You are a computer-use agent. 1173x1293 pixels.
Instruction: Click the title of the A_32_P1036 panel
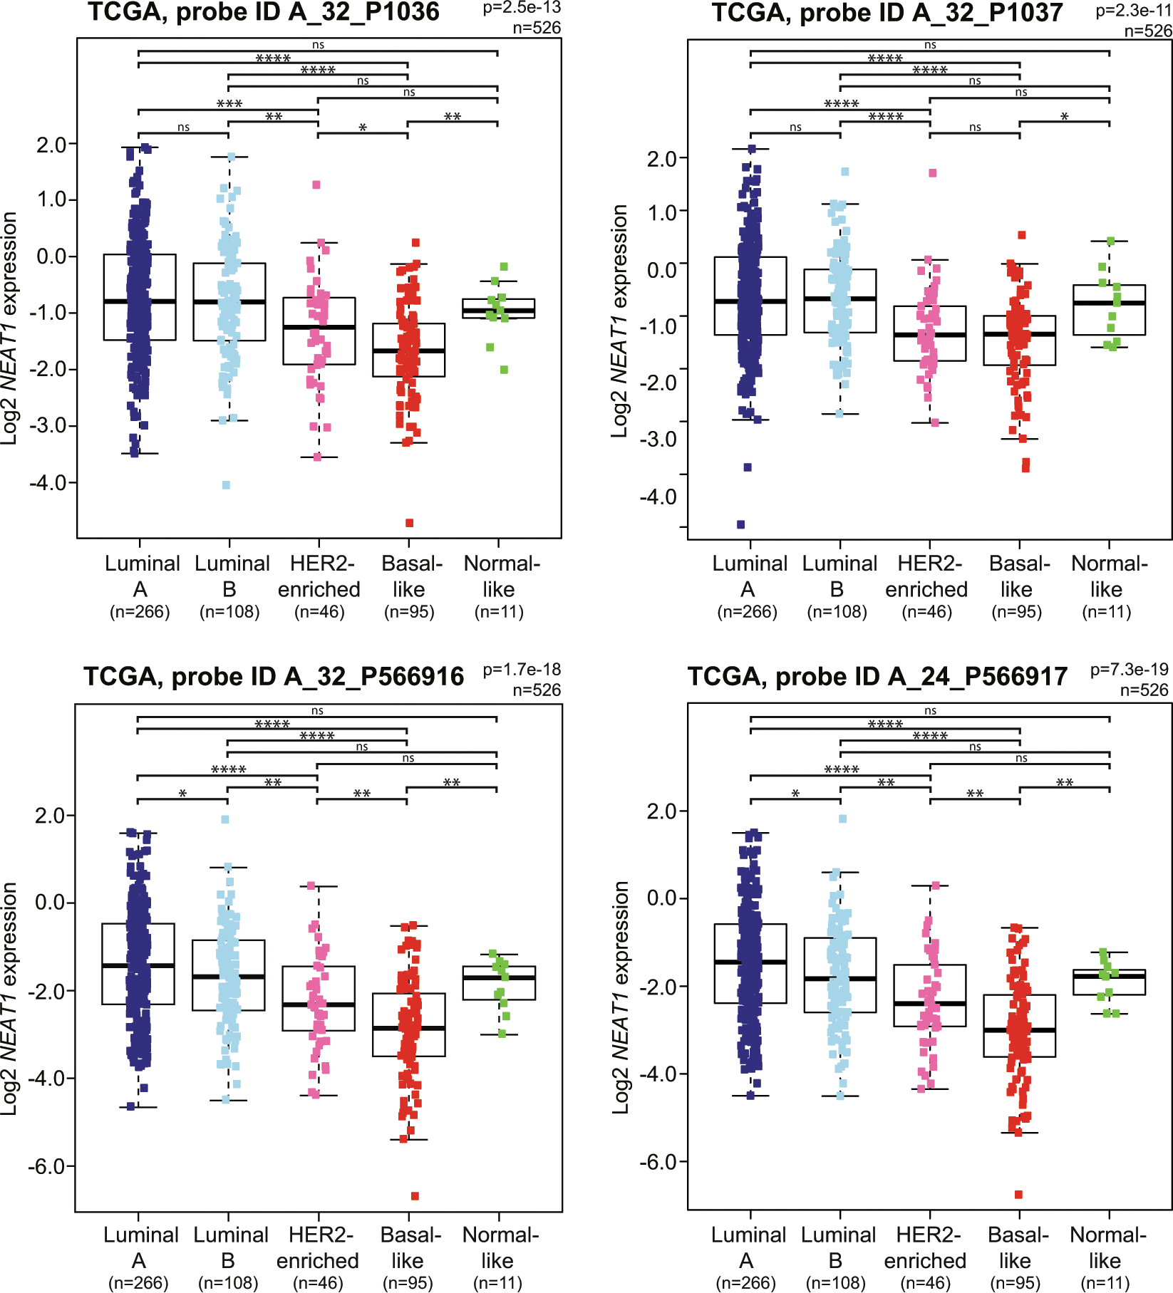click(x=264, y=12)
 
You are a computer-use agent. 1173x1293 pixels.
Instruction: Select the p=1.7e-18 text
click(x=522, y=670)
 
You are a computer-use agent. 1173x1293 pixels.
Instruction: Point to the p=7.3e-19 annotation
click(x=1129, y=670)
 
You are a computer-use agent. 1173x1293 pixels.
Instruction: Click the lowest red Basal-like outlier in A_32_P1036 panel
click(x=410, y=523)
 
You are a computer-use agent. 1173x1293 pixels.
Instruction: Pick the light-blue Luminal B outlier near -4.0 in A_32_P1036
click(x=226, y=485)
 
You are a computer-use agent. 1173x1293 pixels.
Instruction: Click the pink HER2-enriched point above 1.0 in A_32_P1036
click(x=316, y=185)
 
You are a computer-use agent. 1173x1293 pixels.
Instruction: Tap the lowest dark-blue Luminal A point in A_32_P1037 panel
click(x=741, y=525)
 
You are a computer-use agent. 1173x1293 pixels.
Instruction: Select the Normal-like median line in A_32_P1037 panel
click(x=1109, y=303)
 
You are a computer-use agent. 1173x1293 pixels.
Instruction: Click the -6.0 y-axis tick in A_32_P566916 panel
click(x=50, y=1167)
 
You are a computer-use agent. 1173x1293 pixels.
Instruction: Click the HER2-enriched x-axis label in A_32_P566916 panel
click(x=318, y=1247)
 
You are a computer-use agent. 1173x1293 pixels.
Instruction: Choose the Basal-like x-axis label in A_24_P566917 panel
click(x=1018, y=1247)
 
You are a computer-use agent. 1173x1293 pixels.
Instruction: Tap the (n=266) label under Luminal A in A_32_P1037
click(x=747, y=612)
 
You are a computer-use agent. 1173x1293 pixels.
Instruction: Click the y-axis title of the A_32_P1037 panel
click(x=619, y=321)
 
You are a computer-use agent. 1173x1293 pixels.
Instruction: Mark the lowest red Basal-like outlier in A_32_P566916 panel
click(x=415, y=1196)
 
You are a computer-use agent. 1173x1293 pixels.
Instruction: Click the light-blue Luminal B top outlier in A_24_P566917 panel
click(x=842, y=819)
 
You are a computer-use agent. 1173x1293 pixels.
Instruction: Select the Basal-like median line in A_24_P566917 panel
click(x=1019, y=1030)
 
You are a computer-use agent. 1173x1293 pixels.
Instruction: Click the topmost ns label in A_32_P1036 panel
click(x=318, y=45)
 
